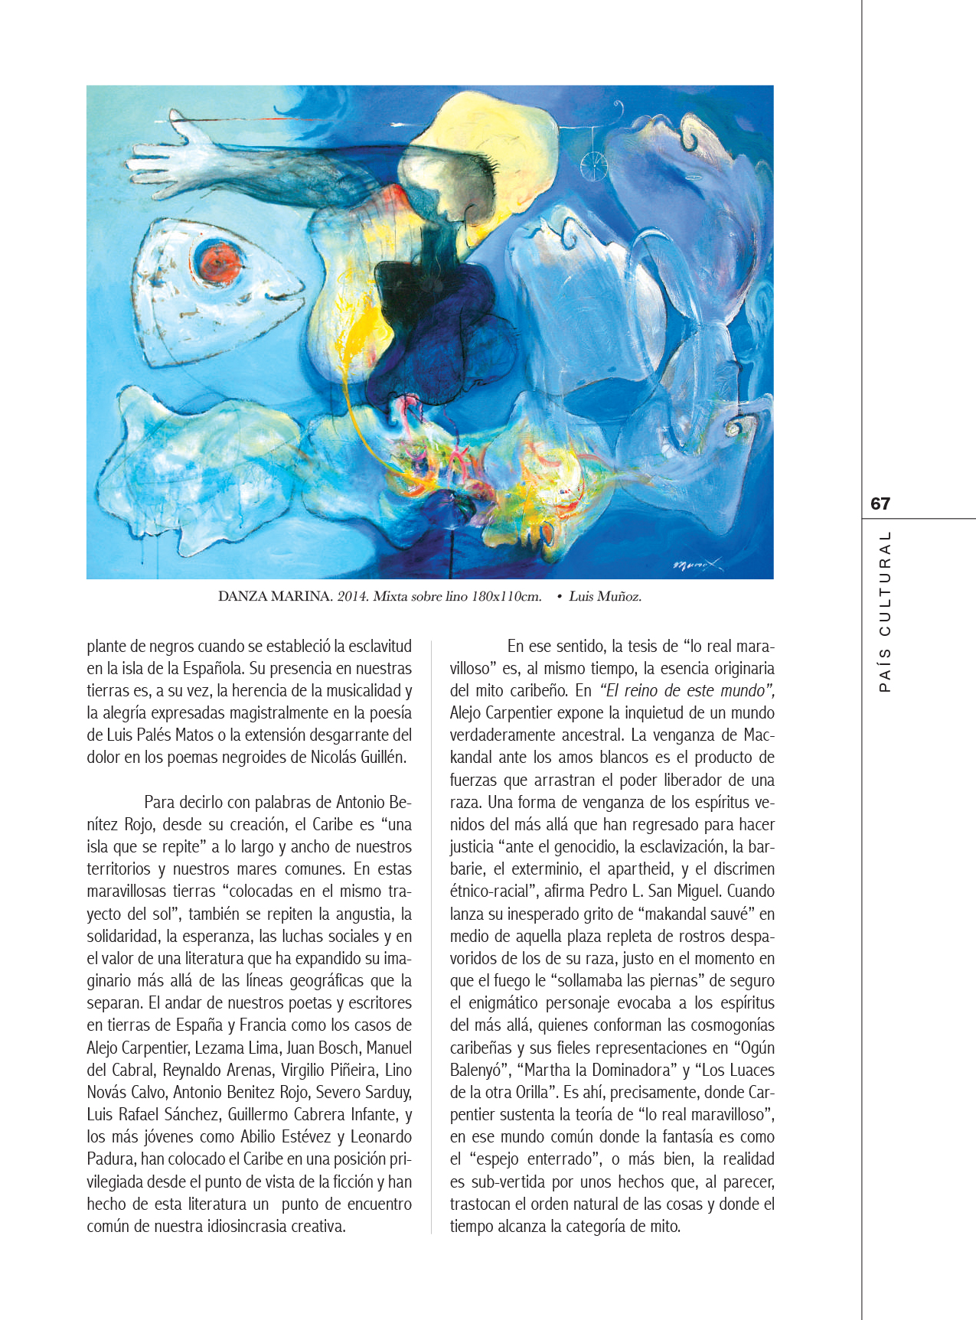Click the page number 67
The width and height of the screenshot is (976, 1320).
(880, 504)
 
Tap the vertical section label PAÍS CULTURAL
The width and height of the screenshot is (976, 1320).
(885, 612)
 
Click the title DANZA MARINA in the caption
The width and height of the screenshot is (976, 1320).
(275, 596)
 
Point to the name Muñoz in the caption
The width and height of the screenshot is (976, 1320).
(621, 596)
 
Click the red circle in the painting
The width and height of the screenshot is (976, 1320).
(217, 262)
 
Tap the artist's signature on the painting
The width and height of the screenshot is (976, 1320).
(697, 565)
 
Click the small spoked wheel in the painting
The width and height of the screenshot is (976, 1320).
(593, 163)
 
